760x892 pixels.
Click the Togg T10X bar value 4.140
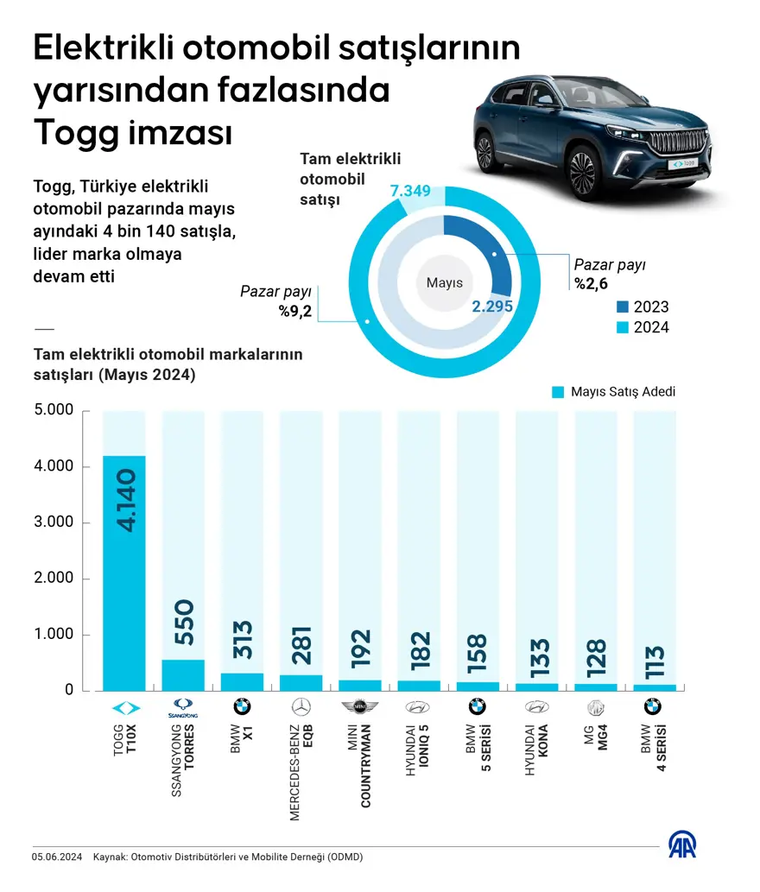coord(124,500)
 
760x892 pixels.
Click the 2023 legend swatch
coord(624,307)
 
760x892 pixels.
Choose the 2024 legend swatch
coord(624,327)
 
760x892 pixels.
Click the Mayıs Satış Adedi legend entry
coord(613,392)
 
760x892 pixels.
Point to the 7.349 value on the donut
coord(410,190)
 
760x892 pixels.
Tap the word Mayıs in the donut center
coord(445,282)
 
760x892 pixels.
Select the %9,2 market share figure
coord(294,311)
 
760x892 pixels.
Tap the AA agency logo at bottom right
coord(682,845)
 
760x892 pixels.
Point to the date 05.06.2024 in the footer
coord(57,857)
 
